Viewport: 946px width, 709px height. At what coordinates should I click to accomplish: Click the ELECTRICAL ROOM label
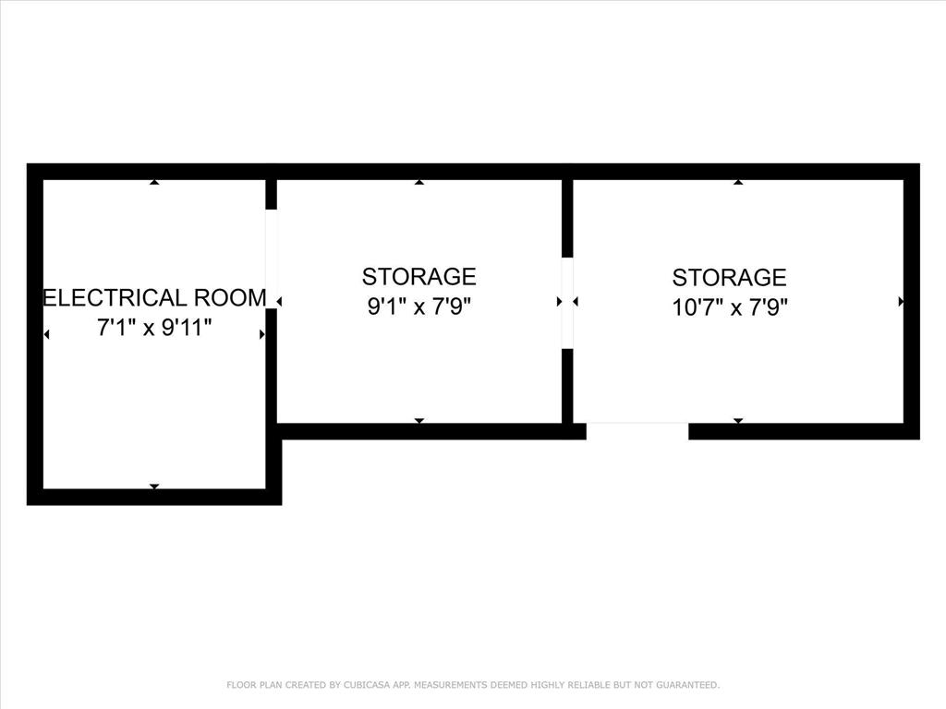click(155, 298)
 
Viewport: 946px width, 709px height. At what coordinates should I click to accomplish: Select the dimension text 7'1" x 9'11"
click(155, 327)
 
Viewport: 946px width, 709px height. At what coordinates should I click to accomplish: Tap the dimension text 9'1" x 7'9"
click(419, 306)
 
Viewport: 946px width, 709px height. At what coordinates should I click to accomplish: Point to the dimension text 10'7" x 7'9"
click(730, 306)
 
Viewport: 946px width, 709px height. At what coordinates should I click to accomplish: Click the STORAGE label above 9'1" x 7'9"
click(419, 276)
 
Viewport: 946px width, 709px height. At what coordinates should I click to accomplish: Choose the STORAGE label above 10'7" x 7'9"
click(730, 277)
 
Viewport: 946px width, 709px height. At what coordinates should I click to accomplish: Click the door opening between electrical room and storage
click(272, 259)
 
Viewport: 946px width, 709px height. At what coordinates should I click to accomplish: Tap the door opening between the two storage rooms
click(567, 302)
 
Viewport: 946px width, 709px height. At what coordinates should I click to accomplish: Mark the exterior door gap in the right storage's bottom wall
click(637, 430)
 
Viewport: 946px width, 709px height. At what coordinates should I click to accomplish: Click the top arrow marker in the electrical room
click(154, 183)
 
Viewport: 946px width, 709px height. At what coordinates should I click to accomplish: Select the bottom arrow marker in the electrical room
click(154, 486)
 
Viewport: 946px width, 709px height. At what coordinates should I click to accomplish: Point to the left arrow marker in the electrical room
click(46, 334)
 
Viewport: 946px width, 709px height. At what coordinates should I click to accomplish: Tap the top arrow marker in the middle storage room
click(419, 183)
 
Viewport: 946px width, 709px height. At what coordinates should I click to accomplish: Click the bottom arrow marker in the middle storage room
click(419, 420)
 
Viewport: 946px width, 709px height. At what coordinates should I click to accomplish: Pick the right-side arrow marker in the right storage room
click(901, 301)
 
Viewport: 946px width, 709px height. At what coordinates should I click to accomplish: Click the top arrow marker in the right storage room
click(738, 183)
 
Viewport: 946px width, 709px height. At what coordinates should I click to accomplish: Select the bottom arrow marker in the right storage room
click(738, 420)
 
